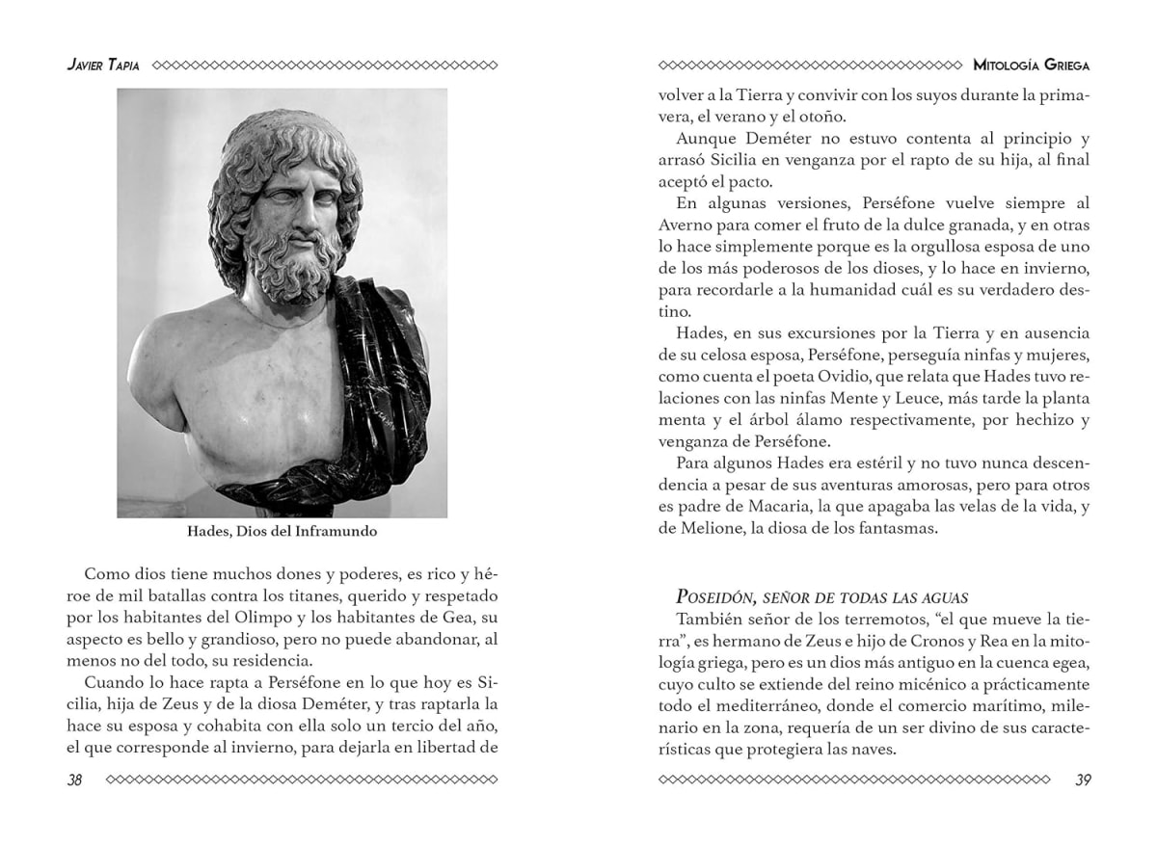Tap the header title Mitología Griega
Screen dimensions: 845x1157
(1032, 66)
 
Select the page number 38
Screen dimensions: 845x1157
(74, 779)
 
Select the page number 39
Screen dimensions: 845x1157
(1082, 779)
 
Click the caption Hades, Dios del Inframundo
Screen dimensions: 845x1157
(282, 531)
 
